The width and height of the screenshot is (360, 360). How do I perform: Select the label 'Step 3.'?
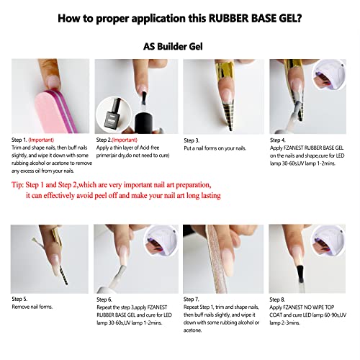(192, 140)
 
